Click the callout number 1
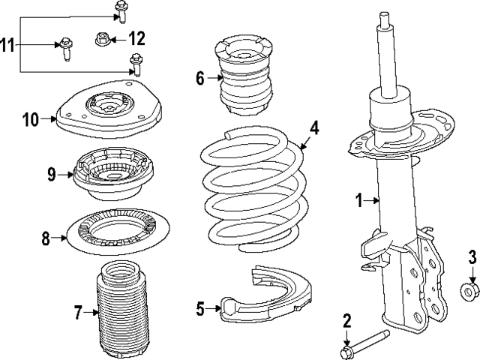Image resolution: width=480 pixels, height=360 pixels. pos(359,199)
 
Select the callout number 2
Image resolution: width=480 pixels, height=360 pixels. pos(346,322)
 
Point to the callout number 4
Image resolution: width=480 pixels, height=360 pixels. pos(314,127)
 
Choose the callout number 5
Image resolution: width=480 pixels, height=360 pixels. pos(200,306)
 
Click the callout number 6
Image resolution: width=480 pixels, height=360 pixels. pos(200,77)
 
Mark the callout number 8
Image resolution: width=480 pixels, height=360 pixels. pos(46,239)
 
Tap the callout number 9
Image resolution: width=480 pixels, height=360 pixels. pos(52,175)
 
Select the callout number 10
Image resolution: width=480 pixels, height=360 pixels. pos(30,118)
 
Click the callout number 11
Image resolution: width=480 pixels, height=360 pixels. pos(7,46)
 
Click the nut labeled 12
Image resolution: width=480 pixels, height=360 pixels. pos(103,38)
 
